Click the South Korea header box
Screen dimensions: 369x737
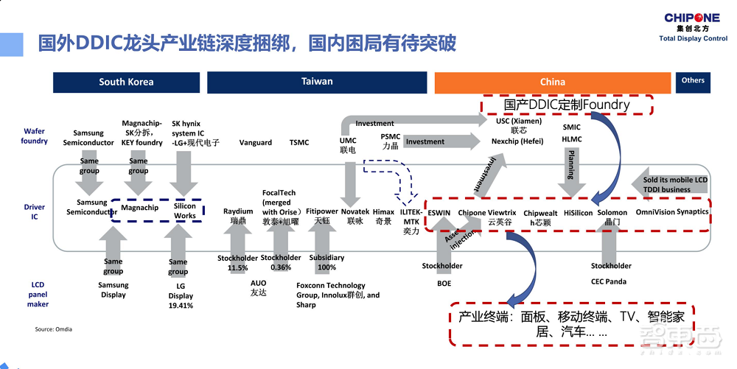(126, 82)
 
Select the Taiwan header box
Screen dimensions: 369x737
(317, 82)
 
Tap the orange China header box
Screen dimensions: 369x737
(552, 82)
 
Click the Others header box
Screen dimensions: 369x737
(693, 81)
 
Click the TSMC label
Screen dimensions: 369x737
(299, 143)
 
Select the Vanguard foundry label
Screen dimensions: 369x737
(256, 143)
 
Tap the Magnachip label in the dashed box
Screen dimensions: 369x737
(140, 208)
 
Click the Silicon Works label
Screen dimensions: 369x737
(185, 211)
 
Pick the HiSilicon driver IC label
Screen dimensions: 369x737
(578, 213)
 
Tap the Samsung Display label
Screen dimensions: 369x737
(113, 290)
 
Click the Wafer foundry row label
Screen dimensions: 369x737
(34, 136)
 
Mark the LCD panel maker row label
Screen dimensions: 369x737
(38, 294)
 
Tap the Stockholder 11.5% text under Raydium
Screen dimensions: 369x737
(237, 263)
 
